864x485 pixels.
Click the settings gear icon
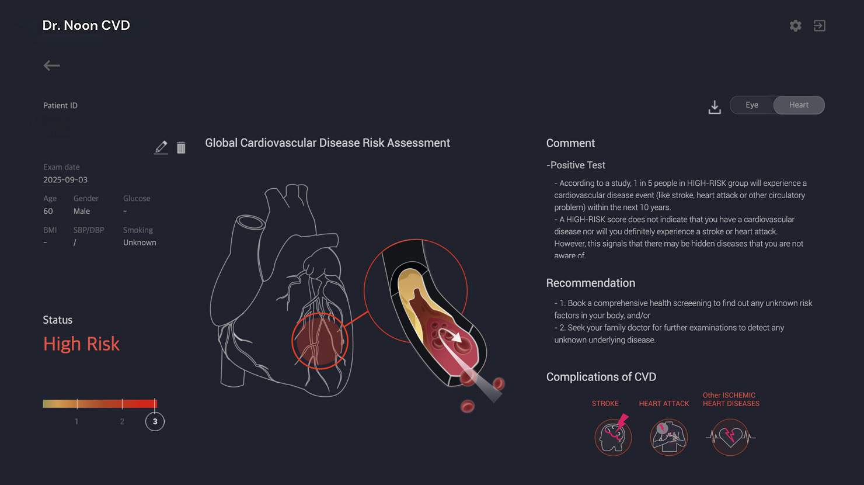795,26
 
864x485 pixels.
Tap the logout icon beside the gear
820,26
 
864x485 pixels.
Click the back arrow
51,65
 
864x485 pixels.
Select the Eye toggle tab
752,105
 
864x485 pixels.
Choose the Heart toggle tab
799,105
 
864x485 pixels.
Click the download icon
715,107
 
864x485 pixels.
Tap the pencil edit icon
161,147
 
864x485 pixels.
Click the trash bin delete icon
181,148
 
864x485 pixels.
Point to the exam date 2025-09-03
65,180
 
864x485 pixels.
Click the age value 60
48,212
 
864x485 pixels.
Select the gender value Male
82,212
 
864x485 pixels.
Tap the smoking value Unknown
140,243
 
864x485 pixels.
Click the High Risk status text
81,344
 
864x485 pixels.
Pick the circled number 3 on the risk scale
155,421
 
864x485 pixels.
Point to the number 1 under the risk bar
76,421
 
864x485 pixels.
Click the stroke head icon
613,437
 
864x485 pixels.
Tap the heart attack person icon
669,437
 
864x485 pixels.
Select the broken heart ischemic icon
730,437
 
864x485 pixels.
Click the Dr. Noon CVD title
86,25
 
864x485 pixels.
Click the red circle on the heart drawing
320,341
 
